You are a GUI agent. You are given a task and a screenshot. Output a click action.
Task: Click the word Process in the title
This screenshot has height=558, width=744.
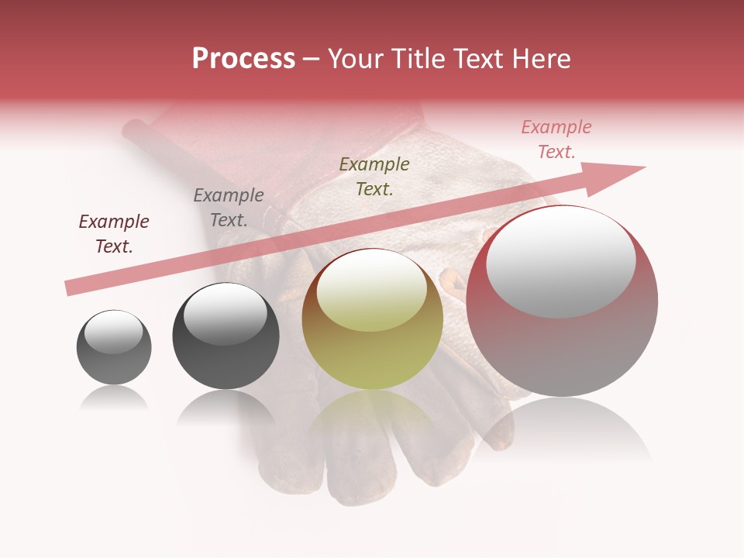[x=243, y=59]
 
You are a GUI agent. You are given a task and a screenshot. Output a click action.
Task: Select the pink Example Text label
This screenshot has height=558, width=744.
[x=556, y=139]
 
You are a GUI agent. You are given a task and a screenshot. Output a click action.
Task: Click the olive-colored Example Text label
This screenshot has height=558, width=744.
[x=374, y=177]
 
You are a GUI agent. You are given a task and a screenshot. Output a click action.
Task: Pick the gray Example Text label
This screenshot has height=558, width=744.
[x=229, y=208]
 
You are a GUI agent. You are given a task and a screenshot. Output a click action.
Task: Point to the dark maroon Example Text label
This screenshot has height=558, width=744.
[x=114, y=234]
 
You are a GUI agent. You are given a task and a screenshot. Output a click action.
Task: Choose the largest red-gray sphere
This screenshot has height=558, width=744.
[x=563, y=349]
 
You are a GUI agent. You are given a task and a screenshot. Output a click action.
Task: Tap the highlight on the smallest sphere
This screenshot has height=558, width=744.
[x=114, y=332]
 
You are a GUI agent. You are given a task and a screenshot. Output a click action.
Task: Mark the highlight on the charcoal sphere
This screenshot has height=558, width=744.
[x=225, y=314]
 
